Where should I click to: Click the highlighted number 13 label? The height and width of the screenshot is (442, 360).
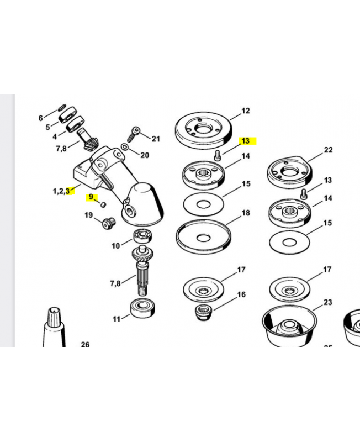(246, 141)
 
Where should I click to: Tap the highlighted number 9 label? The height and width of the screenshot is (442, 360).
(91, 197)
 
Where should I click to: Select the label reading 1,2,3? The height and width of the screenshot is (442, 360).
(61, 191)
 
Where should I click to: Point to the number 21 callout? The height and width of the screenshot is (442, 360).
(156, 139)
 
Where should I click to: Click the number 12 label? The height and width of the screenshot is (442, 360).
(246, 111)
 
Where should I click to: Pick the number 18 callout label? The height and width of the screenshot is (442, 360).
(246, 213)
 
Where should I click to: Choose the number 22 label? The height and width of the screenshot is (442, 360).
(328, 150)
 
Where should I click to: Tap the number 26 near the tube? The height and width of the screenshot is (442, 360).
(85, 344)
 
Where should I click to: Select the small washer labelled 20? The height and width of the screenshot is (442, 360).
(124, 147)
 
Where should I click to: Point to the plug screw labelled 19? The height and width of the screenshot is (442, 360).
(108, 223)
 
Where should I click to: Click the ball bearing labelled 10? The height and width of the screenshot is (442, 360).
(142, 236)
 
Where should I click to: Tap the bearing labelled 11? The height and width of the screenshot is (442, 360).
(142, 308)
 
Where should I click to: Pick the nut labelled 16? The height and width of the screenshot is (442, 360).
(203, 311)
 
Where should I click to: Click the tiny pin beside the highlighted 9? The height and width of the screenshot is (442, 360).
(103, 204)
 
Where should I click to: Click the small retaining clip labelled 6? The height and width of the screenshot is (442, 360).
(62, 107)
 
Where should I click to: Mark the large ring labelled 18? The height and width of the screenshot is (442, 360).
(203, 237)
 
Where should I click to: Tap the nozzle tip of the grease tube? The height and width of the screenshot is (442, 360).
(55, 309)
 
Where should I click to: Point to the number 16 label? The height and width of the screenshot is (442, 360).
(241, 294)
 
